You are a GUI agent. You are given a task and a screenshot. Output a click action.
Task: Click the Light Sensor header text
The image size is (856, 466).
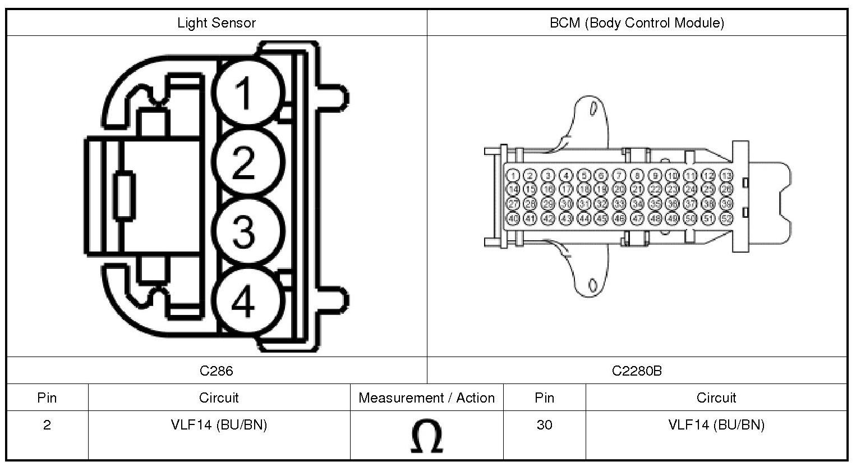point(216,23)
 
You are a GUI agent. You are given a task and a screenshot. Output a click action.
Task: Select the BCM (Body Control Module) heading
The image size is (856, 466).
point(637,23)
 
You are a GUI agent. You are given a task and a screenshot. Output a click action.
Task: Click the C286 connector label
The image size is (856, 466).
point(216,371)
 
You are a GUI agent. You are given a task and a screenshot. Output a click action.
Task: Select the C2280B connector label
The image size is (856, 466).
point(637,371)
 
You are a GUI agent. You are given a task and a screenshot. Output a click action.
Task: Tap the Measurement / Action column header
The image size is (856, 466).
point(426,398)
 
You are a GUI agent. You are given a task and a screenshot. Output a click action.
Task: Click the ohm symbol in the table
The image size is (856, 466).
point(426,436)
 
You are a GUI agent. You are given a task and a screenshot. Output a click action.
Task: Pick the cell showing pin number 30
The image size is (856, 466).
point(544,425)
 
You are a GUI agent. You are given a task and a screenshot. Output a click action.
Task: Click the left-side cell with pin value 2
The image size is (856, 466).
point(47,425)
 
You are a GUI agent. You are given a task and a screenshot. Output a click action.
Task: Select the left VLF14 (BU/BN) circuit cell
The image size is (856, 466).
point(219,425)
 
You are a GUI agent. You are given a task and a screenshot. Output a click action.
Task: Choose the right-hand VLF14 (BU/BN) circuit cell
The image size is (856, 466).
point(716,425)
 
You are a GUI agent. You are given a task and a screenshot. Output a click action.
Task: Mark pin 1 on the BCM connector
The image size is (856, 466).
point(513,176)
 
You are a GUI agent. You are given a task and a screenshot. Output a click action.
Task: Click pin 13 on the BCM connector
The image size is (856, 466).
point(726,176)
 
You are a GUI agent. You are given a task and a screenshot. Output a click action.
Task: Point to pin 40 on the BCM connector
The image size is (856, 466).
point(513,218)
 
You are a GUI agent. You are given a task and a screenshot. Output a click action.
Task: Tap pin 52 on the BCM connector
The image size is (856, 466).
point(726,218)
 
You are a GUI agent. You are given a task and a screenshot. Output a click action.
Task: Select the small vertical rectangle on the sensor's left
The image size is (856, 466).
point(124,194)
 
